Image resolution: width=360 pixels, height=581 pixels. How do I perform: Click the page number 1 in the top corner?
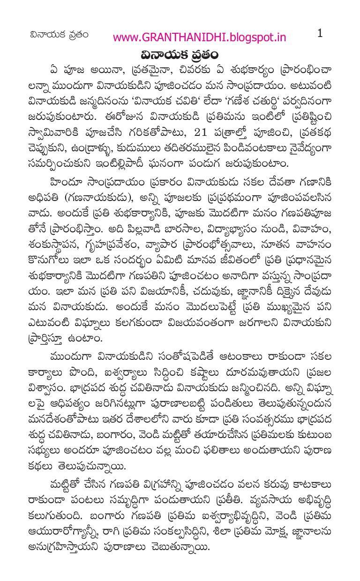[x=320, y=33]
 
